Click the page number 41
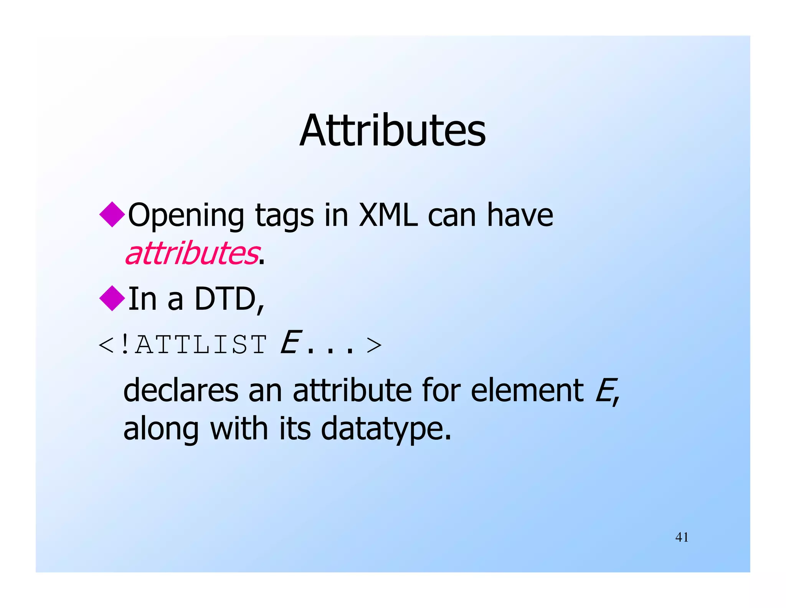(x=682, y=537)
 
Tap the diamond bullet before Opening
(x=112, y=214)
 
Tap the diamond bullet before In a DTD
(x=112, y=298)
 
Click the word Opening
(x=186, y=216)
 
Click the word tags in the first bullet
(x=284, y=216)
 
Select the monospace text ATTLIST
(x=201, y=345)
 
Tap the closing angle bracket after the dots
(x=374, y=345)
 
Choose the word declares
(x=181, y=390)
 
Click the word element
(x=527, y=390)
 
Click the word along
(x=161, y=429)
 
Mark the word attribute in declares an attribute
(x=352, y=390)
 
